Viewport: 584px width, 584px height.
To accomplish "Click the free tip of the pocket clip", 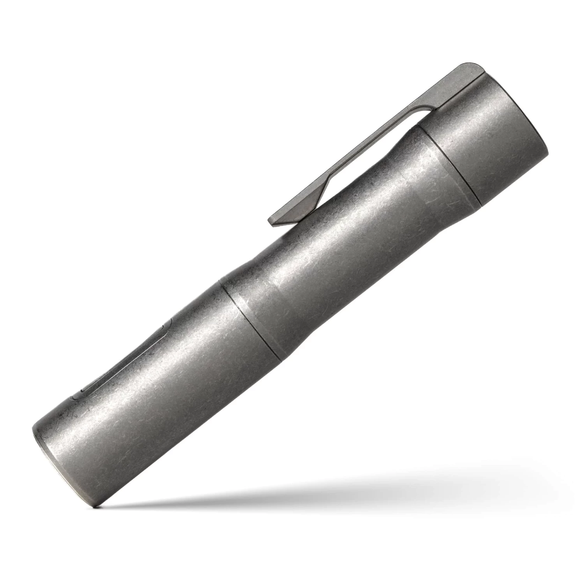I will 273,221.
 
